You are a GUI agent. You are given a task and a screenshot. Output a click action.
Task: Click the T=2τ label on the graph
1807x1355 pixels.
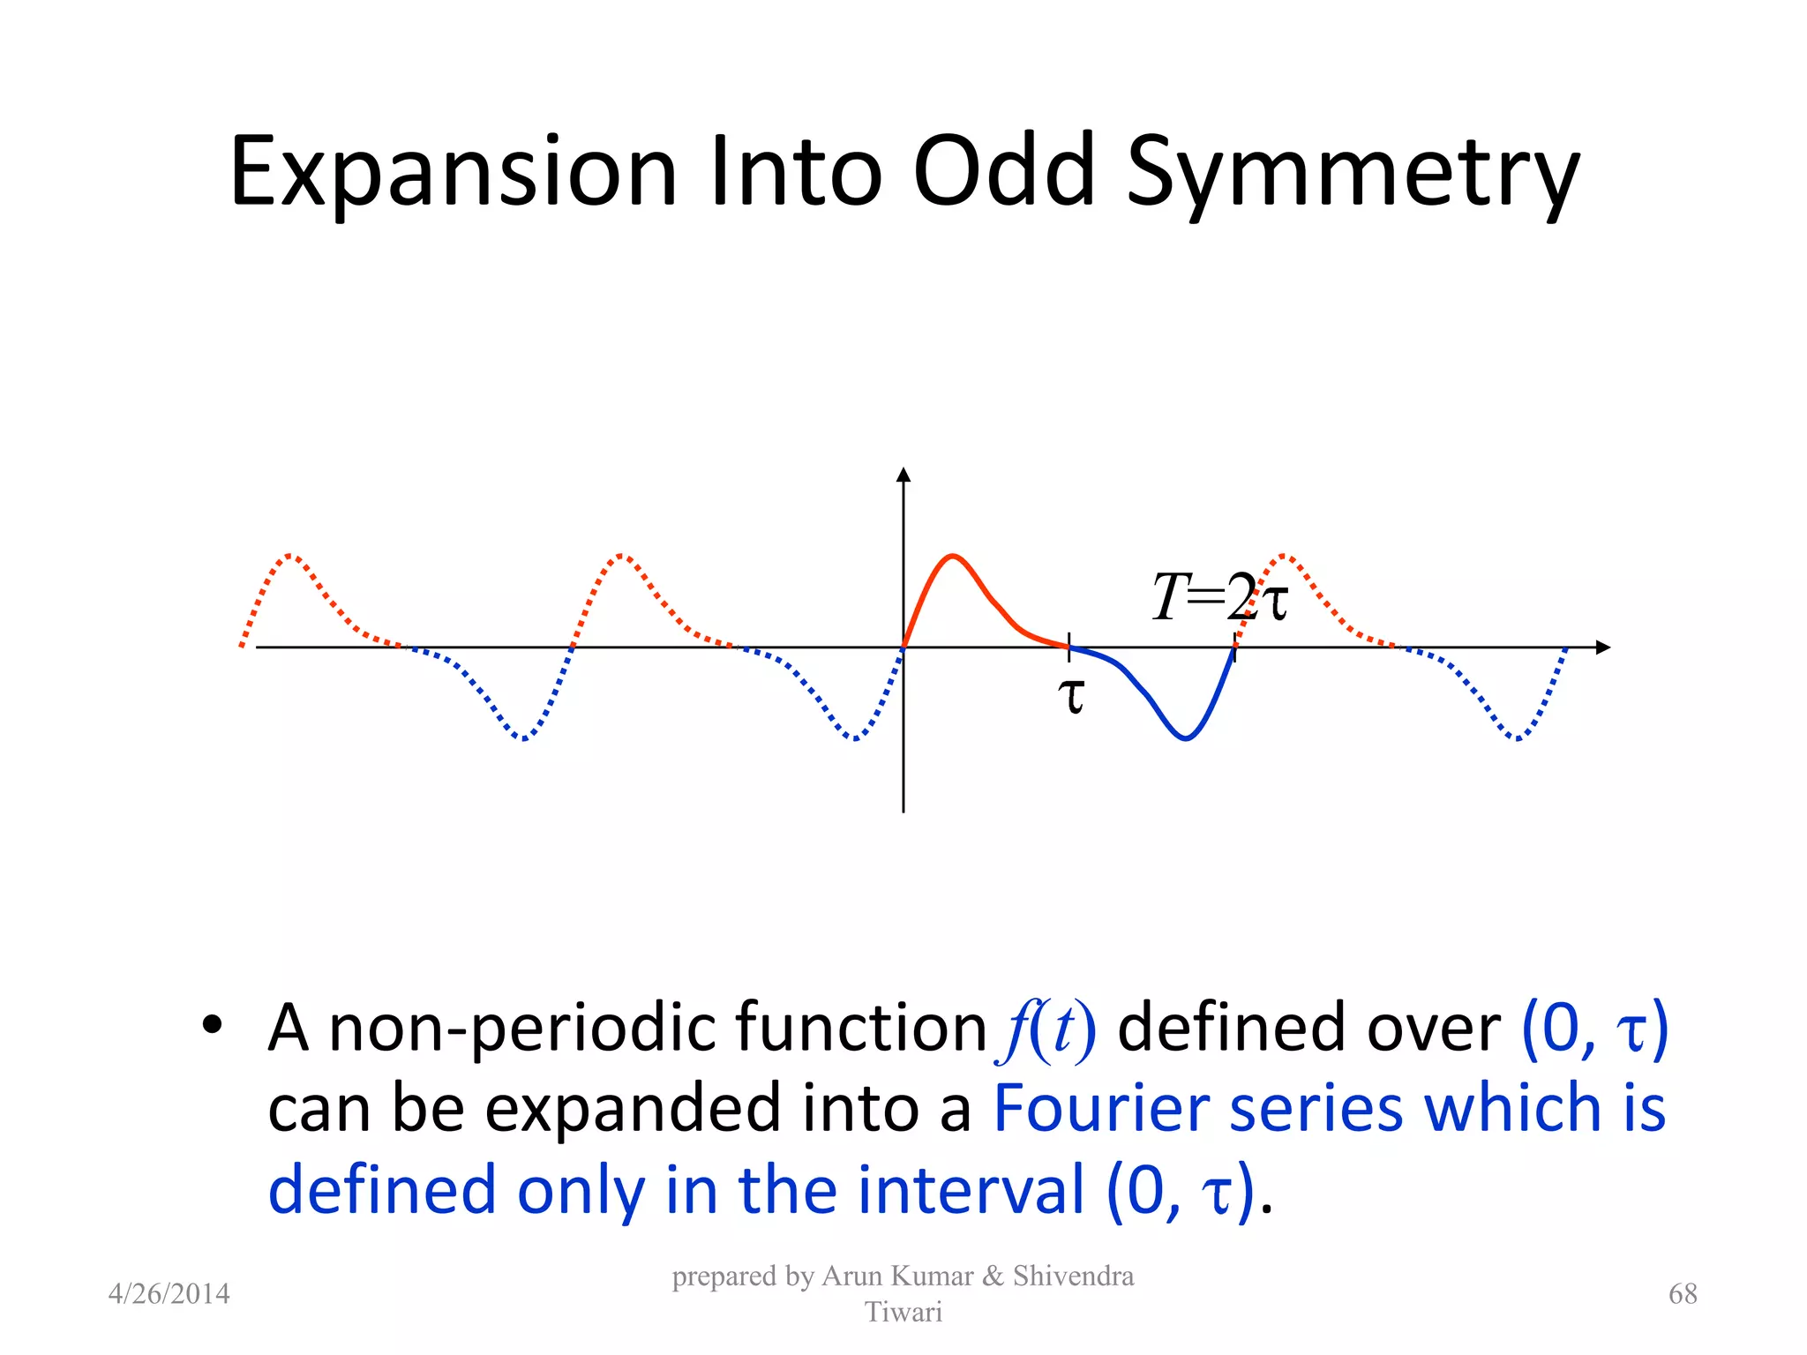pyautogui.click(x=1219, y=597)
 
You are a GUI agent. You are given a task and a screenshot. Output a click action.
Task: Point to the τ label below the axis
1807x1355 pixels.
pyautogui.click(x=1071, y=695)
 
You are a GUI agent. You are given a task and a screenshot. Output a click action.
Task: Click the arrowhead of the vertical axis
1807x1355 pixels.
pyautogui.click(x=903, y=475)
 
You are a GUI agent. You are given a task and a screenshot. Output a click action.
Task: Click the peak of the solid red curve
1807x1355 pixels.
pyautogui.click(x=953, y=556)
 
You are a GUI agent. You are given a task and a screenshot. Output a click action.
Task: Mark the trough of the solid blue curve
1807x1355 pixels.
pyautogui.click(x=1186, y=738)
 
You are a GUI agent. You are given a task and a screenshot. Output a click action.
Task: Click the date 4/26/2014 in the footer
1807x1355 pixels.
pyautogui.click(x=169, y=1293)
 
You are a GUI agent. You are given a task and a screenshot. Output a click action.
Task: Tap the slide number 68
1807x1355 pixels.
pyautogui.click(x=1683, y=1293)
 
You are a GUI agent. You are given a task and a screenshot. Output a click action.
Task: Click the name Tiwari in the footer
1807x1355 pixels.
pyautogui.click(x=903, y=1312)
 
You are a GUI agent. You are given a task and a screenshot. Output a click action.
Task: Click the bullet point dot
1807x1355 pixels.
pyautogui.click(x=211, y=1025)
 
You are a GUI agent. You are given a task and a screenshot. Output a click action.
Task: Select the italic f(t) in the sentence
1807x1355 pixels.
pyautogui.click(x=1049, y=1029)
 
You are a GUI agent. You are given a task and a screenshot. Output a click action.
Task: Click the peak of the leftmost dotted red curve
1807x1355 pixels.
pyautogui.click(x=291, y=556)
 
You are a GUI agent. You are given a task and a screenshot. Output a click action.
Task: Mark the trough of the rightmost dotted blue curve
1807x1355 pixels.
pyautogui.click(x=1517, y=738)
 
